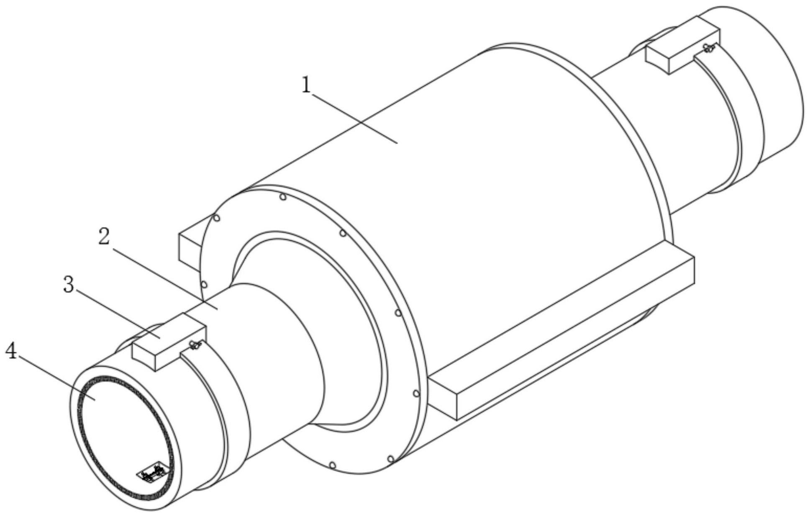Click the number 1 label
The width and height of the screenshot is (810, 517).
point(307,85)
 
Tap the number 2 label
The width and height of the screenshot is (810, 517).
point(104,237)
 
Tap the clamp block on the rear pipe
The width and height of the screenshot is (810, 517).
point(683,45)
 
